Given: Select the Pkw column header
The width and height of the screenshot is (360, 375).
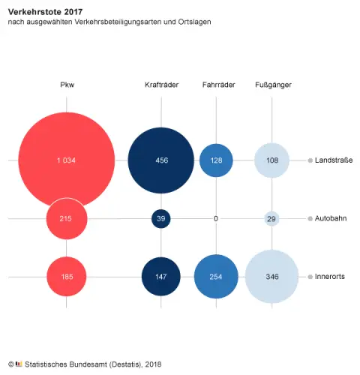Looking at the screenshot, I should (x=67, y=85).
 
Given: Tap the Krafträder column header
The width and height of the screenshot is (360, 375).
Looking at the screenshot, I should (x=160, y=85).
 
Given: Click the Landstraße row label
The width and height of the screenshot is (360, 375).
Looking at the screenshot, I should (x=334, y=160).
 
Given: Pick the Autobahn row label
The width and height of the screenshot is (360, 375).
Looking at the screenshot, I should (x=331, y=218).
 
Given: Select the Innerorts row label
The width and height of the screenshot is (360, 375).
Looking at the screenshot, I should (x=331, y=277).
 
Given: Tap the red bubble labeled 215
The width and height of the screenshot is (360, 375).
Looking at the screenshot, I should (x=67, y=218).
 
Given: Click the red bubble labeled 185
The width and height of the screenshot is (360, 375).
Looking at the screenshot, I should (x=67, y=277).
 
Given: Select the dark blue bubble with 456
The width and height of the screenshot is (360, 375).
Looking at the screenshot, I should (x=160, y=160).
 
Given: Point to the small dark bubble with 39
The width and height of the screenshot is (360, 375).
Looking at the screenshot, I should (x=160, y=218).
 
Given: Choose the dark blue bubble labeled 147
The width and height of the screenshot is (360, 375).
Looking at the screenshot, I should (x=160, y=277).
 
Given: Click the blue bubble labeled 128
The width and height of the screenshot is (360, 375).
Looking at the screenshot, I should (x=216, y=160).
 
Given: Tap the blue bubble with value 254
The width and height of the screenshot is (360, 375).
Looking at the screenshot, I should (x=216, y=277).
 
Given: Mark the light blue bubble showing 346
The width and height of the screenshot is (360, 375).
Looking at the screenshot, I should (x=272, y=277).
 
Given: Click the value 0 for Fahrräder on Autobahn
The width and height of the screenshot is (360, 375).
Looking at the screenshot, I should (x=216, y=218).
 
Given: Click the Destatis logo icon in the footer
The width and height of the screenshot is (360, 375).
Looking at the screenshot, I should (x=19, y=364).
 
